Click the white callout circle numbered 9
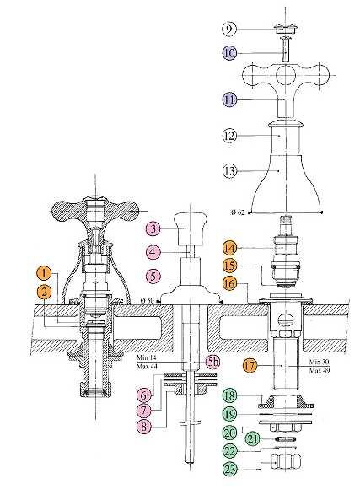point(229,29)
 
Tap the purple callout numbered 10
point(229,53)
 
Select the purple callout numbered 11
point(229,99)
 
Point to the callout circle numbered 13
point(229,171)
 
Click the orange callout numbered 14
point(229,248)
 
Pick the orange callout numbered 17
point(250,365)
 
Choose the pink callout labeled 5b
point(213,362)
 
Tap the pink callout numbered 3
point(153,228)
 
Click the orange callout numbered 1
point(44,273)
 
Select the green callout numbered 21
point(253,439)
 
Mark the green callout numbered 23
point(230,469)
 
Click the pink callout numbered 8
point(144,426)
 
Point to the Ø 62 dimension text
point(238,212)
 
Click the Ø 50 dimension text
point(148,301)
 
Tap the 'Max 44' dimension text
point(147,367)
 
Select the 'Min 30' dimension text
point(320,362)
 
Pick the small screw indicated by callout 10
point(286,49)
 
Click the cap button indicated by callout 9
point(286,29)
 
